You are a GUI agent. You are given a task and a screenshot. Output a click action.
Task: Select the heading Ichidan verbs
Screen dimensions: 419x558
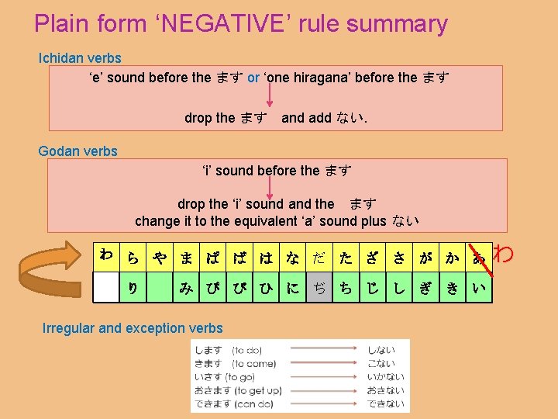click(80, 58)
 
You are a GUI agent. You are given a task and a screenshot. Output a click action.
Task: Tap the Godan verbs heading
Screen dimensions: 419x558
click(77, 151)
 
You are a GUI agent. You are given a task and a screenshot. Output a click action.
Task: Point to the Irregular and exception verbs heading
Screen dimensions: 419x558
click(133, 328)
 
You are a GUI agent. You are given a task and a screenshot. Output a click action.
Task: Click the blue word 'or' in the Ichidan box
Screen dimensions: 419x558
click(253, 78)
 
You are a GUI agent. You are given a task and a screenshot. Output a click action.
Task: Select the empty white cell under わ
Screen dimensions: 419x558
click(106, 287)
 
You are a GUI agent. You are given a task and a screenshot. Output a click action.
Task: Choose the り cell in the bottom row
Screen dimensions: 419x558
click(133, 288)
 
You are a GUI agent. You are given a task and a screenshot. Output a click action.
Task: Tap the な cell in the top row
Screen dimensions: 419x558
click(292, 258)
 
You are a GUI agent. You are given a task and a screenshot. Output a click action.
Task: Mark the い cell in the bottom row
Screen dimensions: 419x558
click(479, 288)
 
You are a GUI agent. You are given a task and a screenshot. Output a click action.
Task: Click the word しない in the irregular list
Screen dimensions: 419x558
click(381, 351)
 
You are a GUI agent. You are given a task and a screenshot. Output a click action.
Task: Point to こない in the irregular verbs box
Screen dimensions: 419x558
click(381, 364)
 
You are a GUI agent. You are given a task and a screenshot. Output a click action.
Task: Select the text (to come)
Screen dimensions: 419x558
click(253, 364)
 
